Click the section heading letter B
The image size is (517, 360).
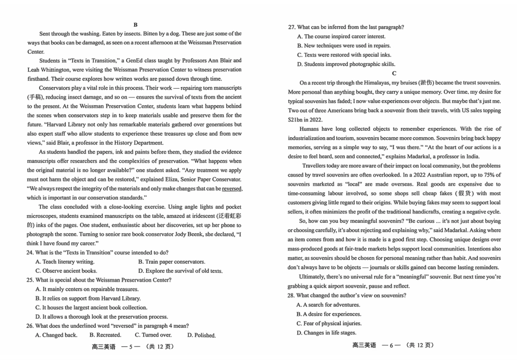(135, 25)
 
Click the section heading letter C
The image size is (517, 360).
(394, 73)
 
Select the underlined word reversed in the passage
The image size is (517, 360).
(231, 188)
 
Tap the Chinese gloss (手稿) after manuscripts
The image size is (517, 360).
(36, 97)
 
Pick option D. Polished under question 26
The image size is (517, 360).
(201, 335)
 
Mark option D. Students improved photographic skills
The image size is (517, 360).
(346, 64)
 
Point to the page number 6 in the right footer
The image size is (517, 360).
(390, 345)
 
